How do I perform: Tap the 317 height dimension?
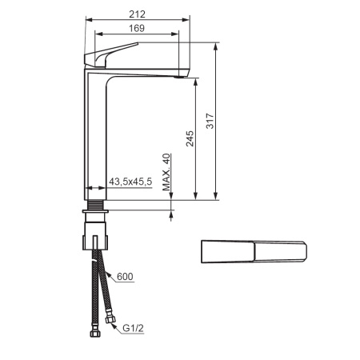tap(210, 121)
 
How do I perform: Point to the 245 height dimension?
tap(190, 139)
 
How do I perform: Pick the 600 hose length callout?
tap(126, 277)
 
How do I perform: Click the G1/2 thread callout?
tap(132, 327)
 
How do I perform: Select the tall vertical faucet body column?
tap(95, 136)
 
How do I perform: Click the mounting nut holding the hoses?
tap(97, 241)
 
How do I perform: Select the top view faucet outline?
tap(252, 251)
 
